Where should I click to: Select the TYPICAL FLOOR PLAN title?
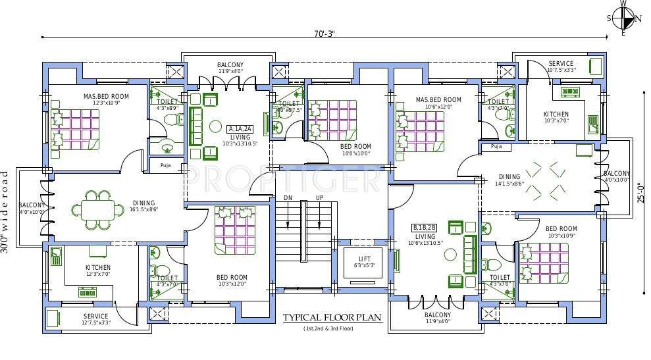(x=332, y=317)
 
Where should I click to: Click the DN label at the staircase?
(x=288, y=198)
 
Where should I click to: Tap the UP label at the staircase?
(x=320, y=198)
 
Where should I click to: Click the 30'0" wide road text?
(x=5, y=212)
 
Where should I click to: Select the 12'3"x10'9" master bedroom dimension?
(x=105, y=103)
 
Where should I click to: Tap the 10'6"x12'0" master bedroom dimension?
(x=438, y=107)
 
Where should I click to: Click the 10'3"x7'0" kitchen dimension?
(x=556, y=120)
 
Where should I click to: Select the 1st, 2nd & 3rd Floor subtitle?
(x=332, y=328)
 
